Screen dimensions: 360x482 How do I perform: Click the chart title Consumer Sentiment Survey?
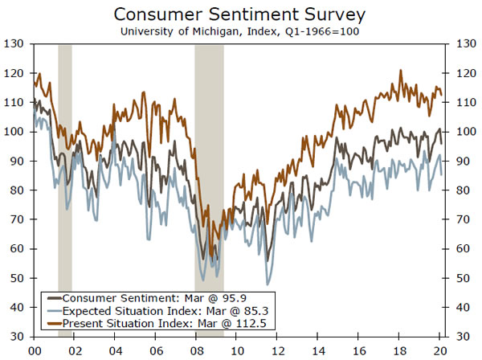(x=240, y=15)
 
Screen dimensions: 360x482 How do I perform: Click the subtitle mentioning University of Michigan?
(x=240, y=31)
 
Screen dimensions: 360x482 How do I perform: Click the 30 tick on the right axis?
(x=463, y=336)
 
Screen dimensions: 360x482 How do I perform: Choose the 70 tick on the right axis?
(x=463, y=219)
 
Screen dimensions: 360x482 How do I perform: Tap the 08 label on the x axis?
(x=198, y=350)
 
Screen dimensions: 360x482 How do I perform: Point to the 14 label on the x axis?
(x=321, y=350)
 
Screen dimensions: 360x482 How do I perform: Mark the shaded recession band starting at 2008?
(x=210, y=161)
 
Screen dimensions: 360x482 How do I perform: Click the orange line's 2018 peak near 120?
(x=400, y=71)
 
